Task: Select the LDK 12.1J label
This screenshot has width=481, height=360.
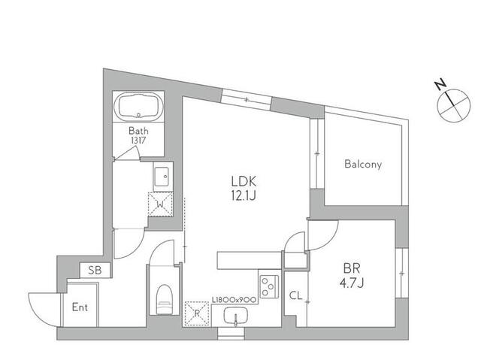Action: [x=244, y=187]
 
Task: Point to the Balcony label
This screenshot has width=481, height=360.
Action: [x=363, y=164]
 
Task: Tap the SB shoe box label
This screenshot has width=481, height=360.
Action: [x=95, y=270]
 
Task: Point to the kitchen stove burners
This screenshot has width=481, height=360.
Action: [x=268, y=286]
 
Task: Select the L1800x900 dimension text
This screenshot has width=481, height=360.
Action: [x=234, y=299]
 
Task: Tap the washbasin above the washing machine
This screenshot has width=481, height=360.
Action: [x=162, y=177]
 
